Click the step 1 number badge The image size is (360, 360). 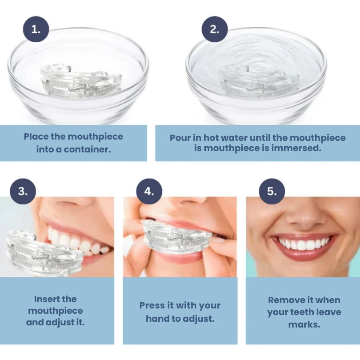(36, 29)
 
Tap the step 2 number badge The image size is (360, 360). (215, 29)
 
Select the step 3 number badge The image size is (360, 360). (23, 191)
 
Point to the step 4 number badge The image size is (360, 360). (149, 191)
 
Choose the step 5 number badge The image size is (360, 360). (272, 191)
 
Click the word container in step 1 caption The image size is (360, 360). (87, 149)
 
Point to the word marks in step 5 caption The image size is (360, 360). (304, 324)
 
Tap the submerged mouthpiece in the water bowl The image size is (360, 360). (260, 80)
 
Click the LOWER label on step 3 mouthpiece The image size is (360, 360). (24, 264)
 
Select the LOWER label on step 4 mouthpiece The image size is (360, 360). (161, 246)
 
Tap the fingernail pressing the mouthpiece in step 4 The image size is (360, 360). (219, 240)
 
